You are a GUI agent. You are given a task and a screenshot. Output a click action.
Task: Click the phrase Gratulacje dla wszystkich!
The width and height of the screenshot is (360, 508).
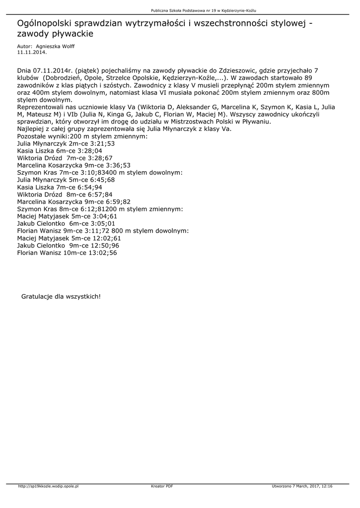tap(61, 297)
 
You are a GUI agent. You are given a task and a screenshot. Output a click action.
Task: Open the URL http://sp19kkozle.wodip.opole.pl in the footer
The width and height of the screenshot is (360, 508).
tap(48, 486)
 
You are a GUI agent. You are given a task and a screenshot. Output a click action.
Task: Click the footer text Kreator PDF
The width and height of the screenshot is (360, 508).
tap(162, 486)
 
